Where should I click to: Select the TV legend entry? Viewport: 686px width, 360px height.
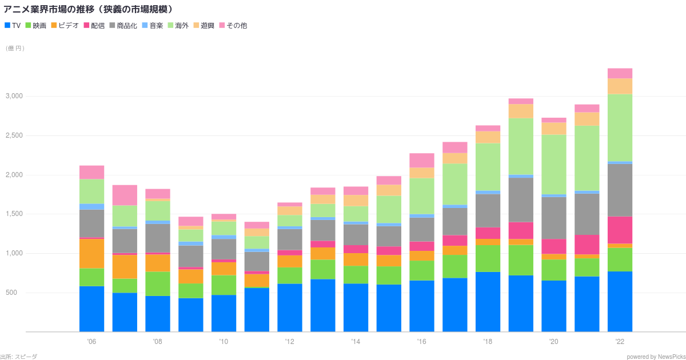click(x=13, y=26)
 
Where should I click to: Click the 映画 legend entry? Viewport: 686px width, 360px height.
click(x=36, y=26)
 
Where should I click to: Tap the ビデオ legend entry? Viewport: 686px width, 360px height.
click(x=65, y=26)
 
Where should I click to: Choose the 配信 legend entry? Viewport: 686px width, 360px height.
click(x=94, y=26)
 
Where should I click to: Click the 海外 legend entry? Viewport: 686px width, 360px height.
click(x=179, y=26)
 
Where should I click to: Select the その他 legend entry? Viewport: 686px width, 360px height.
click(x=233, y=26)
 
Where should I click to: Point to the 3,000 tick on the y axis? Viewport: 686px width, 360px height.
click(x=13, y=96)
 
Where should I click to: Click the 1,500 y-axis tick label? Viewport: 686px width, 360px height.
click(x=13, y=214)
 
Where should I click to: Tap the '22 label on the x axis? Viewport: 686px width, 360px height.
click(x=620, y=342)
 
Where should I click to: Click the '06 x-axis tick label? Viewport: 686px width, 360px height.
click(x=91, y=342)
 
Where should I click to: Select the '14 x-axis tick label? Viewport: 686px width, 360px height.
click(x=356, y=342)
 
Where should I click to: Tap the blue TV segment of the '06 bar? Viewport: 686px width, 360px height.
click(x=91, y=309)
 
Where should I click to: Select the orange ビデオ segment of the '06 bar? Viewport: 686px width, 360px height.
click(x=91, y=253)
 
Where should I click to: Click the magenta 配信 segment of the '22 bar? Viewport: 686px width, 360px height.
click(x=620, y=230)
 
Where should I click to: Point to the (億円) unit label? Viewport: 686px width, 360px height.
click(x=15, y=49)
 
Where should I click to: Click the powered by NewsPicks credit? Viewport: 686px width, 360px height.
click(x=655, y=357)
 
